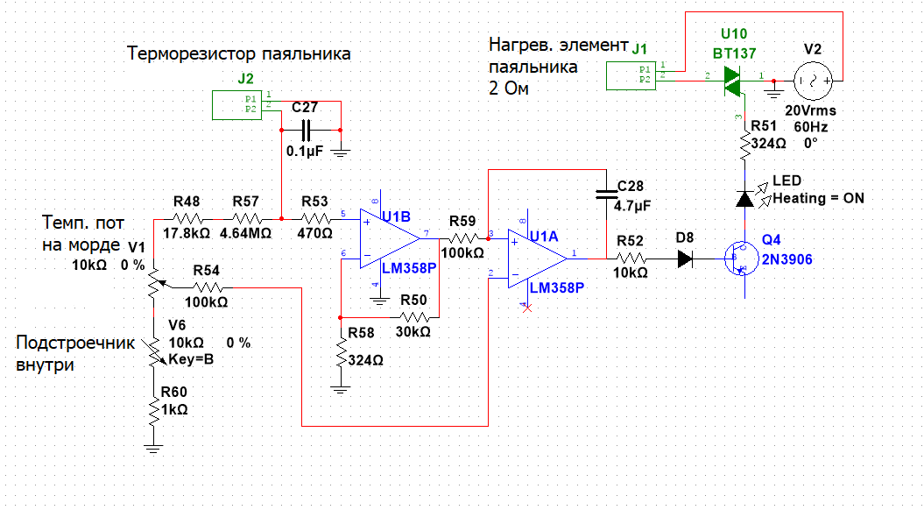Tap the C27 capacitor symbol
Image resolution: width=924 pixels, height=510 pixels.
tap(306, 131)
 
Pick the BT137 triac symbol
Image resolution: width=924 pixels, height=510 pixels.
tap(732, 82)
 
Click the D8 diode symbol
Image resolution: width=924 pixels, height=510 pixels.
tap(686, 259)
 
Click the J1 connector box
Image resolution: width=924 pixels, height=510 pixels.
tap(631, 76)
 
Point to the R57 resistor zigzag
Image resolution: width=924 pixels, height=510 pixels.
tap(247, 218)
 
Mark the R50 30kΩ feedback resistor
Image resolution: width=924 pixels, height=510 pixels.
tap(414, 315)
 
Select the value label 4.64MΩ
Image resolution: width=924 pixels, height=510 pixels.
tap(249, 235)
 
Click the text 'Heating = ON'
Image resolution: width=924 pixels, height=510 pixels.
tap(818, 199)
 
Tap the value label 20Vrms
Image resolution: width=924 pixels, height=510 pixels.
tap(810, 112)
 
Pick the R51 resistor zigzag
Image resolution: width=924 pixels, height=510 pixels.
tap(744, 145)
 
